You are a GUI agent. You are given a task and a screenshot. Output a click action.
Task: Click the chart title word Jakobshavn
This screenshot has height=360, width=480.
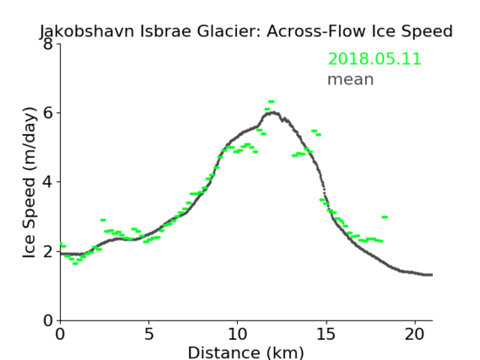87,31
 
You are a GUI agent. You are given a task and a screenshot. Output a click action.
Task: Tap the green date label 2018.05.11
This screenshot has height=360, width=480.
375,59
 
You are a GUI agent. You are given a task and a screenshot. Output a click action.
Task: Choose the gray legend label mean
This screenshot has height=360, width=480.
351,79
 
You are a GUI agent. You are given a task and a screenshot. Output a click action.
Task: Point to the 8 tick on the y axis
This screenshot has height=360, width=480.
48,44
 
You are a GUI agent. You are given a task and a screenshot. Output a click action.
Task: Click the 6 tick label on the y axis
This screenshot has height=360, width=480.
48,113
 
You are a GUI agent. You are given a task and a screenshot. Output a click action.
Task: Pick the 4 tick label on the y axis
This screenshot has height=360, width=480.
48,182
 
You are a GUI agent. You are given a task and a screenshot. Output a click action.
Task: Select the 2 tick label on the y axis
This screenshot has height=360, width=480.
48,251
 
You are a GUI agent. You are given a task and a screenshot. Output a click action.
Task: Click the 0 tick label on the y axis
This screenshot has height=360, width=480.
48,321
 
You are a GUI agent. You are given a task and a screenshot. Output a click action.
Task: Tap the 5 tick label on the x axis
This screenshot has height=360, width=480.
148,334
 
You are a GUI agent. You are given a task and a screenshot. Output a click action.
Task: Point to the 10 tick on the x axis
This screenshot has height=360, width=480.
238,334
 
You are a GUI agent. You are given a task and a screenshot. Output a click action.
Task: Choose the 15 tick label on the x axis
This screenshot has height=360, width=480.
326,334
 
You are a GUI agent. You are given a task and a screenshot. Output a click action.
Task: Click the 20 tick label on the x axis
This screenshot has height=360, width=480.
415,334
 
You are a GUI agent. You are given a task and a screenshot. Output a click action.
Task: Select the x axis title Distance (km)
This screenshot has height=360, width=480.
245,352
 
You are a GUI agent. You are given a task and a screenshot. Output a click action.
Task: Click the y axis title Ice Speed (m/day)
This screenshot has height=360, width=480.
30,183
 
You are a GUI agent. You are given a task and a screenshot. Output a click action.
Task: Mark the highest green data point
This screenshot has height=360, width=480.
272,101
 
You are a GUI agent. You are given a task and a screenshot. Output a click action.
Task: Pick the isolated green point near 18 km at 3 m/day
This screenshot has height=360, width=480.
385,218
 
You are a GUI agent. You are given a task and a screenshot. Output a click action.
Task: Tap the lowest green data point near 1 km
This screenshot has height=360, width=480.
75,263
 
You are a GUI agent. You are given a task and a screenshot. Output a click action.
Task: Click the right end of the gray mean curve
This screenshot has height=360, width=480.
432,275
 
